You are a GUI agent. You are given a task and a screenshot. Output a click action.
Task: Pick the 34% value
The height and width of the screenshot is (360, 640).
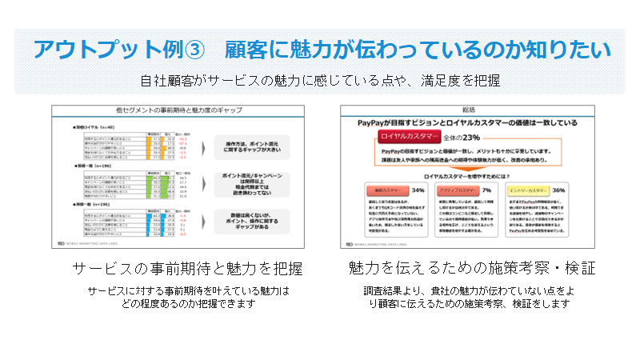[x=418, y=191]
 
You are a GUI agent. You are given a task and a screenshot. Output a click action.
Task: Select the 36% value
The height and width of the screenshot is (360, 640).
[x=559, y=191]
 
